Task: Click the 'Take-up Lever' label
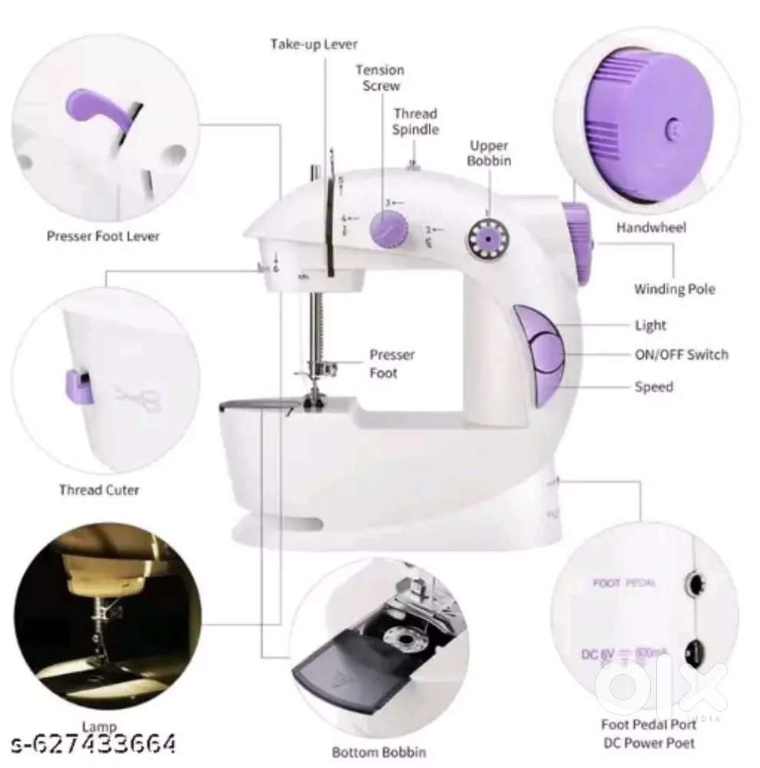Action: (x=314, y=44)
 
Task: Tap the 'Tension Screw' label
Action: (x=380, y=78)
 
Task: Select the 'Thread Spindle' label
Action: (x=415, y=121)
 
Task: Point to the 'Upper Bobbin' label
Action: (x=490, y=153)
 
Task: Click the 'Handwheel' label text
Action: (x=652, y=228)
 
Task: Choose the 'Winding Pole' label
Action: (x=674, y=289)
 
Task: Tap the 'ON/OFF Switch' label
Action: (x=681, y=354)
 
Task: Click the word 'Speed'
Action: (x=653, y=387)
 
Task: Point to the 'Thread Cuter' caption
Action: (x=99, y=489)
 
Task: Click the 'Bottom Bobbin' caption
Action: (x=378, y=752)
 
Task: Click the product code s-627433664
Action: (x=93, y=744)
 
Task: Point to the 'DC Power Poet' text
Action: (x=649, y=743)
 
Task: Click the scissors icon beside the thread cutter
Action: (x=138, y=397)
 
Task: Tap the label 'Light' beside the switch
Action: (x=650, y=325)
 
